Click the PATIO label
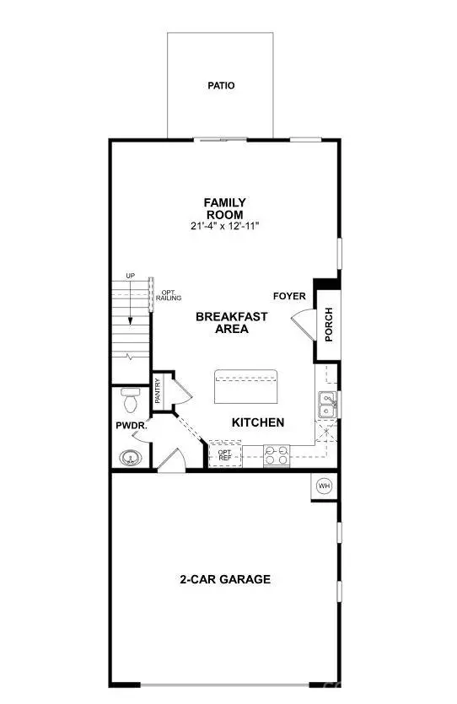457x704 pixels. coord(221,86)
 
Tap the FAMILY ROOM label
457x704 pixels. coord(225,208)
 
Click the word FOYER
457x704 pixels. coord(288,296)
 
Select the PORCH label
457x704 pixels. coord(328,324)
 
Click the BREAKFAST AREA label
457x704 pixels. coord(232,323)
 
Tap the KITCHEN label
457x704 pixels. coord(258,422)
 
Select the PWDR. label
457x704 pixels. coord(132,427)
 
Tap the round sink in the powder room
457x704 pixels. coord(129,458)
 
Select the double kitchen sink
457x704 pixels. coord(327,405)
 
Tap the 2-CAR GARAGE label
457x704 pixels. coord(224,579)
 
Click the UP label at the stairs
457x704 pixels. coord(131,277)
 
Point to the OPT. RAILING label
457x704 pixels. coord(166,297)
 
